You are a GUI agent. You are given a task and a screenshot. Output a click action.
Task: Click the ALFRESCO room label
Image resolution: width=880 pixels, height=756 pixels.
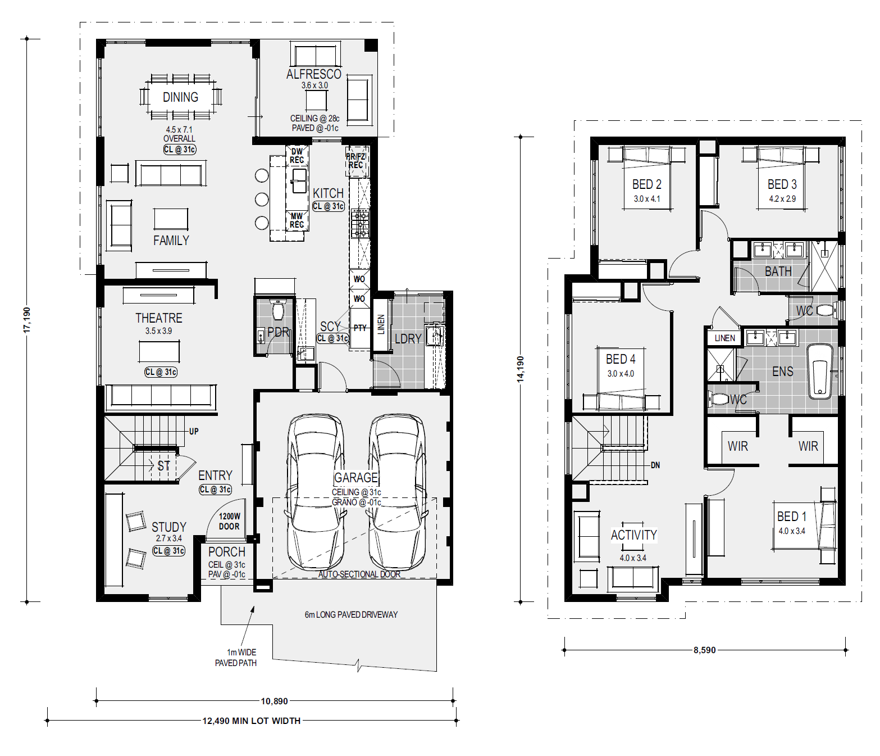point(314,74)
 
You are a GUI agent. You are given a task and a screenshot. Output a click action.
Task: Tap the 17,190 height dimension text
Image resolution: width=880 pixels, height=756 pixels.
point(27,320)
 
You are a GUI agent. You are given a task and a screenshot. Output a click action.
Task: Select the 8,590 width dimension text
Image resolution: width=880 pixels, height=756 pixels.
point(705,650)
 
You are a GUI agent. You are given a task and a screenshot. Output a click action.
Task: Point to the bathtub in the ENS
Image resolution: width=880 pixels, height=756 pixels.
point(820,371)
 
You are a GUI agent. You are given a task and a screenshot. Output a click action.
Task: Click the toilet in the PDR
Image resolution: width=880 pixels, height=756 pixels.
point(278,311)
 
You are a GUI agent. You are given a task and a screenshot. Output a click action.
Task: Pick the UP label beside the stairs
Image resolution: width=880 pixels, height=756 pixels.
point(194,431)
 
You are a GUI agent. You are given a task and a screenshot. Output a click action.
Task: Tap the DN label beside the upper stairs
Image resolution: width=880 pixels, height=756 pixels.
point(655,465)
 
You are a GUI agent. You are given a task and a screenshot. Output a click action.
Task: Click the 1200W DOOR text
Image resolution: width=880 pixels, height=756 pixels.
point(230,521)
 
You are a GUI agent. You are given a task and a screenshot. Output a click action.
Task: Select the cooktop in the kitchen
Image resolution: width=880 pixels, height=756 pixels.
point(360,223)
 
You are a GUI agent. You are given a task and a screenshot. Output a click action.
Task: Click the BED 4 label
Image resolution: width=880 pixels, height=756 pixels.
point(621,359)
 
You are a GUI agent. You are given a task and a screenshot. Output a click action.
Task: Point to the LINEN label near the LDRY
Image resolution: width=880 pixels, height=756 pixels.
point(381,324)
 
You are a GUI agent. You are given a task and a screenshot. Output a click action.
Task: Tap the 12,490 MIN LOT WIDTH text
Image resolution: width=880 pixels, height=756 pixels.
point(252,721)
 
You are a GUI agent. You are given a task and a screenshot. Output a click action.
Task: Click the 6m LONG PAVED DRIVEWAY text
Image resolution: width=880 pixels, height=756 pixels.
point(351,614)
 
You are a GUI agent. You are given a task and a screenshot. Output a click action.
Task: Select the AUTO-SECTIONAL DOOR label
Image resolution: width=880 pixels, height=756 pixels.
point(359,574)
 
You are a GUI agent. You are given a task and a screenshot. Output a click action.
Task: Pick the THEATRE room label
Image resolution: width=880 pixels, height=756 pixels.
point(159,318)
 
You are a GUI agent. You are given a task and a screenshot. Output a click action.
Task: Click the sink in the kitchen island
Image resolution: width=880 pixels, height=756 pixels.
point(299,180)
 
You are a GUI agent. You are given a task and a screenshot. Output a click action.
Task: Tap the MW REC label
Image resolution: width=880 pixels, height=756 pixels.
point(297,220)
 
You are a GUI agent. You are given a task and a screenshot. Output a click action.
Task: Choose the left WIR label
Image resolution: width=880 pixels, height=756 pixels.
point(738,446)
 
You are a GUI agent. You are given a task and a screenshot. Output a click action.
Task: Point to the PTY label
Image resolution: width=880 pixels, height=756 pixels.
point(360,328)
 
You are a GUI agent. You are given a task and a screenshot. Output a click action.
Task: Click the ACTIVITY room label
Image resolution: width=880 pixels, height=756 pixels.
point(634,535)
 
